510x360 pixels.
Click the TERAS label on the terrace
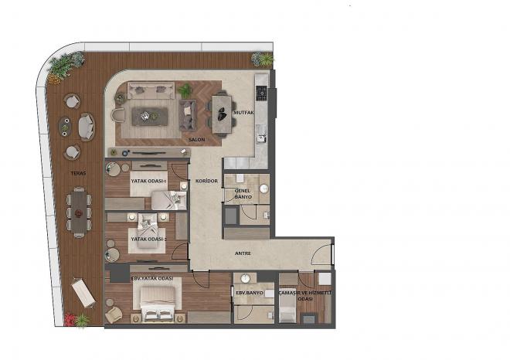click(x=78, y=173)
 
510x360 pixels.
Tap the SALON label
click(x=197, y=140)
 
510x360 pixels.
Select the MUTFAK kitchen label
click(x=243, y=113)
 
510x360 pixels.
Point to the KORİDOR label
click(x=206, y=181)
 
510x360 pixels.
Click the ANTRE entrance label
click(x=243, y=253)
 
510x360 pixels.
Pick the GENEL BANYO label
click(x=243, y=194)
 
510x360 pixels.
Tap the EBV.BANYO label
click(x=250, y=293)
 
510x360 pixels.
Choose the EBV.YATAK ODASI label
click(x=152, y=279)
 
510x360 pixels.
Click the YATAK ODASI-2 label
click(x=148, y=239)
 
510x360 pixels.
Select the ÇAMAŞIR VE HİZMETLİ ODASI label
click(x=305, y=296)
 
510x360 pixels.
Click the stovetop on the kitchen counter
click(x=261, y=93)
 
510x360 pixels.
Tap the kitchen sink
click(x=261, y=134)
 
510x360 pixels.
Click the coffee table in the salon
click(x=150, y=117)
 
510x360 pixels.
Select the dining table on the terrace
click(x=79, y=212)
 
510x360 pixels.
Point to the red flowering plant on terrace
click(x=70, y=319)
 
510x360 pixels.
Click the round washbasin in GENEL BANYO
click(x=264, y=188)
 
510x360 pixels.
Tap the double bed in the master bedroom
click(x=158, y=304)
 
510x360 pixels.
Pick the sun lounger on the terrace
click(x=83, y=293)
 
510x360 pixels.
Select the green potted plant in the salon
click(x=185, y=90)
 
